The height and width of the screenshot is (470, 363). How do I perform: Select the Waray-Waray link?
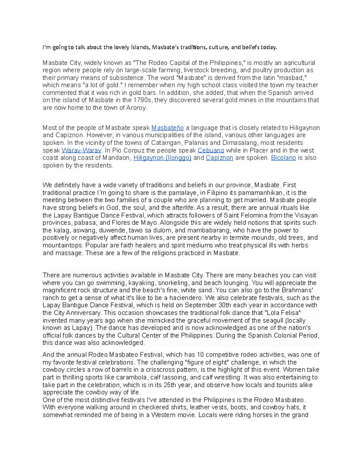tap(81, 150)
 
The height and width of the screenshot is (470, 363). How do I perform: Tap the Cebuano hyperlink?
tap(211, 150)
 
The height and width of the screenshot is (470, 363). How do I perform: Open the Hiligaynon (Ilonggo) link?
tap(162, 158)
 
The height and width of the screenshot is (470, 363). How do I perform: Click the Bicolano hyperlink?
tap(283, 158)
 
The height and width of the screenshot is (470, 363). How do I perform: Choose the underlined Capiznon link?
tap(219, 158)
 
